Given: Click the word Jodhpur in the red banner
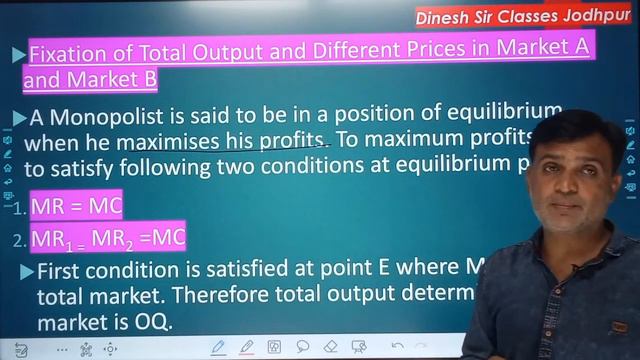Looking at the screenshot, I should point(595,16).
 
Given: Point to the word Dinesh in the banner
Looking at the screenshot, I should point(447,16).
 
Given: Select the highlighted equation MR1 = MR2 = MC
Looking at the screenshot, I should point(108,238).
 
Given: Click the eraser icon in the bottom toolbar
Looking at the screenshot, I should point(331,347).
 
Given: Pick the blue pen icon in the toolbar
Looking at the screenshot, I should point(218,347).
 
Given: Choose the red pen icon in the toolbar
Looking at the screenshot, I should point(246,347).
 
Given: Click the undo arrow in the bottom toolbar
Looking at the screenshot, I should point(397,347).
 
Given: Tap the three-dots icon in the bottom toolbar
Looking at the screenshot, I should point(63,348).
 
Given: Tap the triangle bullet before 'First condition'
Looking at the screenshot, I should point(26,272).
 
